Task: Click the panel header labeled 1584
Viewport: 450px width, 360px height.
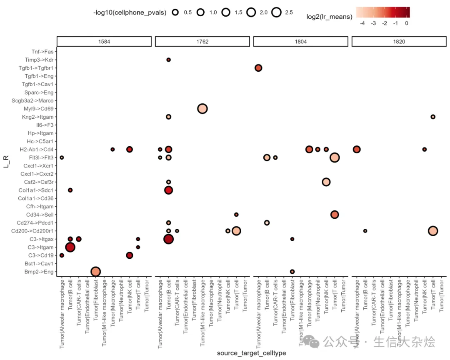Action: [x=104, y=42]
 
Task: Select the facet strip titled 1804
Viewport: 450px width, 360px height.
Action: [x=300, y=42]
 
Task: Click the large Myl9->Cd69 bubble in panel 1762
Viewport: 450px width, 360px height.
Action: [x=202, y=109]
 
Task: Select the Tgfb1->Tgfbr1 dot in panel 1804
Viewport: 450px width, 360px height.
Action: [x=258, y=68]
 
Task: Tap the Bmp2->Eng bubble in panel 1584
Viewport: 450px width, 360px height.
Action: [x=95, y=272]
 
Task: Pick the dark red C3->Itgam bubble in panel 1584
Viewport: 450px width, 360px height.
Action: [x=70, y=247]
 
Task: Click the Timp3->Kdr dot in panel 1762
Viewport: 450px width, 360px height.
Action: [x=168, y=60]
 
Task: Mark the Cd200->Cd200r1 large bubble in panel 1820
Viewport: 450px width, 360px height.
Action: [x=432, y=231]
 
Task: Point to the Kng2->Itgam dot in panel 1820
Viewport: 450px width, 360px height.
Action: [x=432, y=117]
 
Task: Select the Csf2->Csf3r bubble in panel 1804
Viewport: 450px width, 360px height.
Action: [x=326, y=182]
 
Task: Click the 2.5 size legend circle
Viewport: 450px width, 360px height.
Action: [x=276, y=12]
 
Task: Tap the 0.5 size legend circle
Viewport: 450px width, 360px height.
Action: [x=175, y=12]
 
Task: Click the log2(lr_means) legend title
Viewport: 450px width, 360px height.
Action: [x=329, y=17]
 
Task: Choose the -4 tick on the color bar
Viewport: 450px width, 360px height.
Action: [x=362, y=23]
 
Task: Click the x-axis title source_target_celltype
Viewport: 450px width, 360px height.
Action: [x=251, y=353]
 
